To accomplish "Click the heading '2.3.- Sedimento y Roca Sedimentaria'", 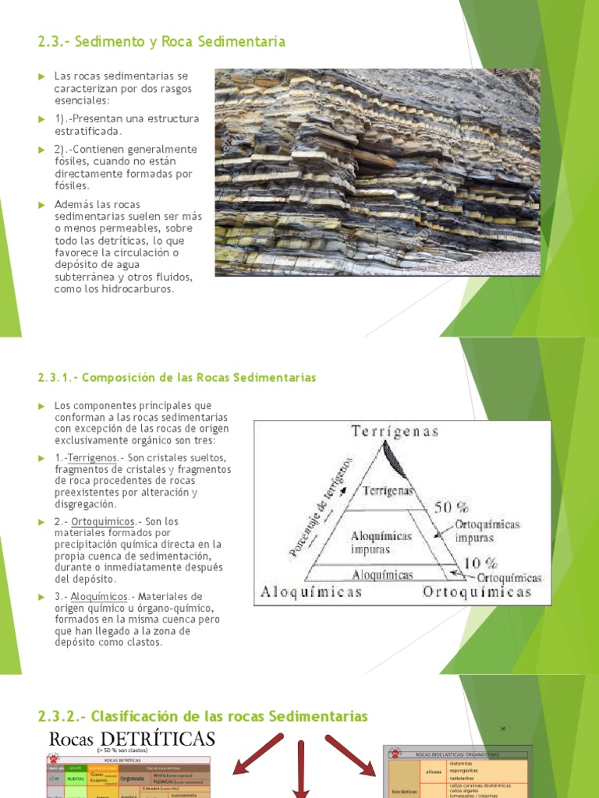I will (161, 41).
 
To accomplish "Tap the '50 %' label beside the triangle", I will (453, 507).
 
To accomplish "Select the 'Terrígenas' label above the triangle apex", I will (395, 431).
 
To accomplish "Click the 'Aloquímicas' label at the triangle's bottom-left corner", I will (312, 591).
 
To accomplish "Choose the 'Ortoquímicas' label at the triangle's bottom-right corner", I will (477, 591).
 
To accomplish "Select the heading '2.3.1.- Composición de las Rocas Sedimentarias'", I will (176, 377).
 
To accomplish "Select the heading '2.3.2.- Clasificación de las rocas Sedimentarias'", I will (203, 715).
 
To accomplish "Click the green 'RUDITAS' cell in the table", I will (75, 777).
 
